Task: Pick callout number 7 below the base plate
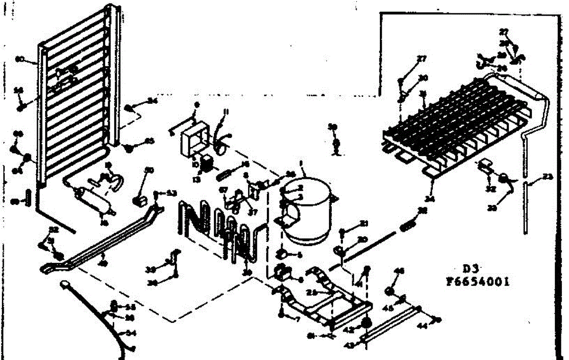click(298, 320)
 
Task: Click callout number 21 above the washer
click(363, 224)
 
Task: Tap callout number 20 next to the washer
click(363, 239)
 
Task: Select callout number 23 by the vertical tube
click(548, 177)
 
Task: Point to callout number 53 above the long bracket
click(171, 193)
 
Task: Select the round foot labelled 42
click(366, 323)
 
